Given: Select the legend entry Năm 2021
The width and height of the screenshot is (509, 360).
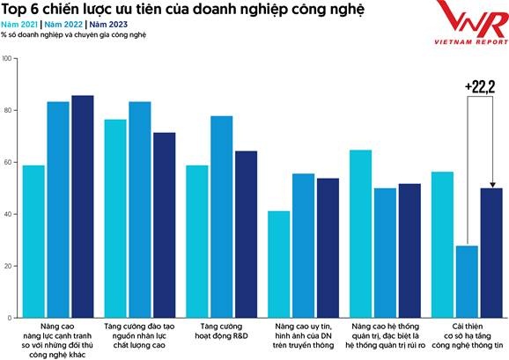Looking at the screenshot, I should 21,25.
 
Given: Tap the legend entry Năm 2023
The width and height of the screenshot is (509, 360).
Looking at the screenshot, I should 108,25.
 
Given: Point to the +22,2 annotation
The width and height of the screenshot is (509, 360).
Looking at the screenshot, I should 479,86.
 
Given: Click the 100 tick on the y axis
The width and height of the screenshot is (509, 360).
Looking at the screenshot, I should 8,59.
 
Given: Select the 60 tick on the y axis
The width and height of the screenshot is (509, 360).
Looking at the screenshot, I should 8,163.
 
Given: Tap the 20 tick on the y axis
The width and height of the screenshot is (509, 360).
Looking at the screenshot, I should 8,266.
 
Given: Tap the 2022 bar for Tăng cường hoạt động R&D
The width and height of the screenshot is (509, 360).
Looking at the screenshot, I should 221,217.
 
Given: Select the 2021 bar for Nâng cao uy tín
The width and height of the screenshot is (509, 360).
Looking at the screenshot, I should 278,264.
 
